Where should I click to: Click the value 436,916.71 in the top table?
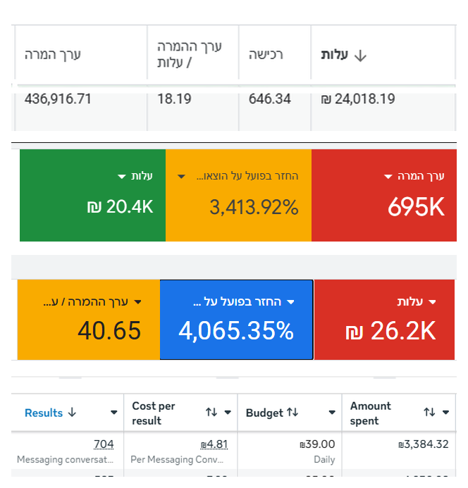pyautogui.click(x=58, y=99)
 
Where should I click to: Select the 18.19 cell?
pyautogui.click(x=174, y=99)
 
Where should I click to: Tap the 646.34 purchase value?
pyautogui.click(x=269, y=99)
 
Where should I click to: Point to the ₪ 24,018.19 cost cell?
pyautogui.click(x=357, y=99)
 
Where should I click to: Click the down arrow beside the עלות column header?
pyautogui.click(x=360, y=56)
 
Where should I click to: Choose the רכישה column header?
pyautogui.click(x=266, y=54)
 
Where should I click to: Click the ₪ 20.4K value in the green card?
pyautogui.click(x=120, y=207)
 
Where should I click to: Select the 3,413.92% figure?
pyautogui.click(x=254, y=207)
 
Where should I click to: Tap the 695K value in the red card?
pyautogui.click(x=416, y=207)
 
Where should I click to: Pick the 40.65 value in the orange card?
pyautogui.click(x=109, y=330)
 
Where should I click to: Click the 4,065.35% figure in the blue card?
pyautogui.click(x=236, y=330)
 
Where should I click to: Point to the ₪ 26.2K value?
pyautogui.click(x=390, y=331)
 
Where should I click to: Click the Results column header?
pyautogui.click(x=44, y=413)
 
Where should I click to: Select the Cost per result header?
pyautogui.click(x=154, y=413)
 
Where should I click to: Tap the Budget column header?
pyautogui.click(x=264, y=413)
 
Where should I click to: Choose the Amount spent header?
pyautogui.click(x=371, y=413)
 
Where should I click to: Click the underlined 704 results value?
pyautogui.click(x=104, y=444)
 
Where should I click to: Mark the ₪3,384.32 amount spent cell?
pyautogui.click(x=423, y=444)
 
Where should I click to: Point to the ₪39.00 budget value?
pyautogui.click(x=317, y=444)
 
